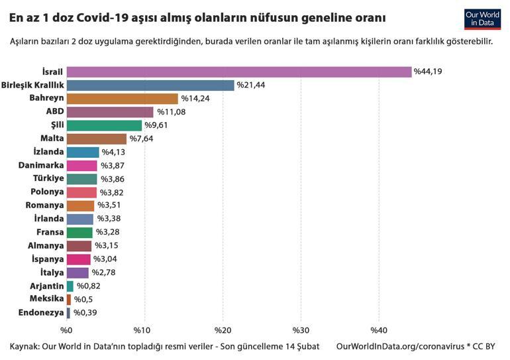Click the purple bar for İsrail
(x=238, y=72)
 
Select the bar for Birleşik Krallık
(x=150, y=85)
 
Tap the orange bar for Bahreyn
(x=122, y=98)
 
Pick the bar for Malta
(x=96, y=139)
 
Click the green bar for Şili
(x=104, y=125)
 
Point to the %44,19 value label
(x=428, y=72)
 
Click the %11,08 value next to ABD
(x=171, y=112)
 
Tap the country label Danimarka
(x=38, y=166)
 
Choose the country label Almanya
(x=44, y=245)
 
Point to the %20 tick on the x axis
(x=223, y=330)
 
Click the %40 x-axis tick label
(x=378, y=330)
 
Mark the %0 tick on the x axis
(x=66, y=330)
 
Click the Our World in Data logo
(x=482, y=19)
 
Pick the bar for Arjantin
(x=70, y=286)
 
